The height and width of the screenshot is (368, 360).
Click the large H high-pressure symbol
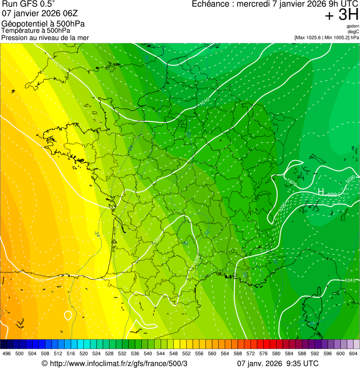click(321, 192)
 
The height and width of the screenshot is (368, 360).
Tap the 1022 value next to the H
click(331, 194)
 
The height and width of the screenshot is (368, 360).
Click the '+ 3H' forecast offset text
click(342, 15)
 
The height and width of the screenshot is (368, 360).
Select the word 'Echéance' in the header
click(212, 4)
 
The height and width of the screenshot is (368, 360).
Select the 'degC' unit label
click(353, 31)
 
